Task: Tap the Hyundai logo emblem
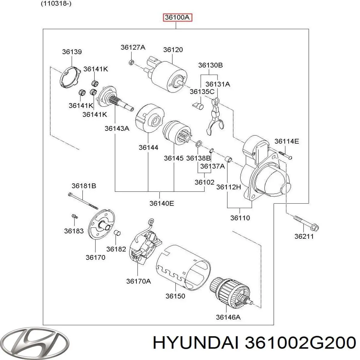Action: click(x=35, y=342)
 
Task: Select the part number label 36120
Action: click(x=173, y=50)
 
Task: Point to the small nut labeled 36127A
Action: click(x=131, y=62)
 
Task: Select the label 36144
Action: click(x=148, y=148)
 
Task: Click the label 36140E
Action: click(x=162, y=203)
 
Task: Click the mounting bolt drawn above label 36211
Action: click(x=306, y=222)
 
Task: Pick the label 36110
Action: click(x=240, y=218)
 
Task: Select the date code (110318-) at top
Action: click(x=56, y=4)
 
